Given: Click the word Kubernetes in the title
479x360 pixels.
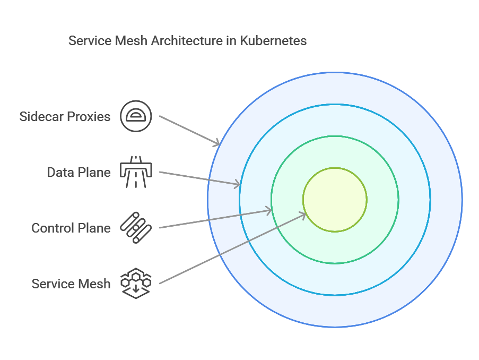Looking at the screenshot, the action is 273,41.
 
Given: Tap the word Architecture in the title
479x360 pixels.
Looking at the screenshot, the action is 187,41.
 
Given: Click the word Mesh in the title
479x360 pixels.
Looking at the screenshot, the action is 131,41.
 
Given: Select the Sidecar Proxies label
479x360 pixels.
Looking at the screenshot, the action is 65,116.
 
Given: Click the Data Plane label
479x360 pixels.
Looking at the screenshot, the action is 79,173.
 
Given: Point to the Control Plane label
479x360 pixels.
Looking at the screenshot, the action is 71,228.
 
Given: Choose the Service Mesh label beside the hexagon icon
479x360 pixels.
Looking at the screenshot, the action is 71,284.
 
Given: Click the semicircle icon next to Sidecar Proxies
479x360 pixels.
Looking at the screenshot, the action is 136,116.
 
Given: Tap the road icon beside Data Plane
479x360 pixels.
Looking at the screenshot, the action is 136,172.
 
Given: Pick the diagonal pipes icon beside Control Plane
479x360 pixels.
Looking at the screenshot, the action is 136,228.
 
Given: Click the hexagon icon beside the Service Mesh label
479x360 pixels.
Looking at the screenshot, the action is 136,284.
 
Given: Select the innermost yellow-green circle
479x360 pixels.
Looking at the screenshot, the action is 335,200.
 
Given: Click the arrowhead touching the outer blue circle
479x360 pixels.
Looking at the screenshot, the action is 217,142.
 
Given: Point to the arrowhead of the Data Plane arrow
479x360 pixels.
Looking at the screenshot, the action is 237,184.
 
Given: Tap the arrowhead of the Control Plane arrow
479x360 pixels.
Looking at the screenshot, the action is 268,210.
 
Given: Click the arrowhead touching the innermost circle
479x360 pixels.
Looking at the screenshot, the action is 302,216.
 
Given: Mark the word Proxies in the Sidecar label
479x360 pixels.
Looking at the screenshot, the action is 89,116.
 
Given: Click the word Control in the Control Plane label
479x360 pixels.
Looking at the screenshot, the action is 53,228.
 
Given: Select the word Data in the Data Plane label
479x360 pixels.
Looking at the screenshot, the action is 60,173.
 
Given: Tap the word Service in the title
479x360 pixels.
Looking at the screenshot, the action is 90,41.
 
